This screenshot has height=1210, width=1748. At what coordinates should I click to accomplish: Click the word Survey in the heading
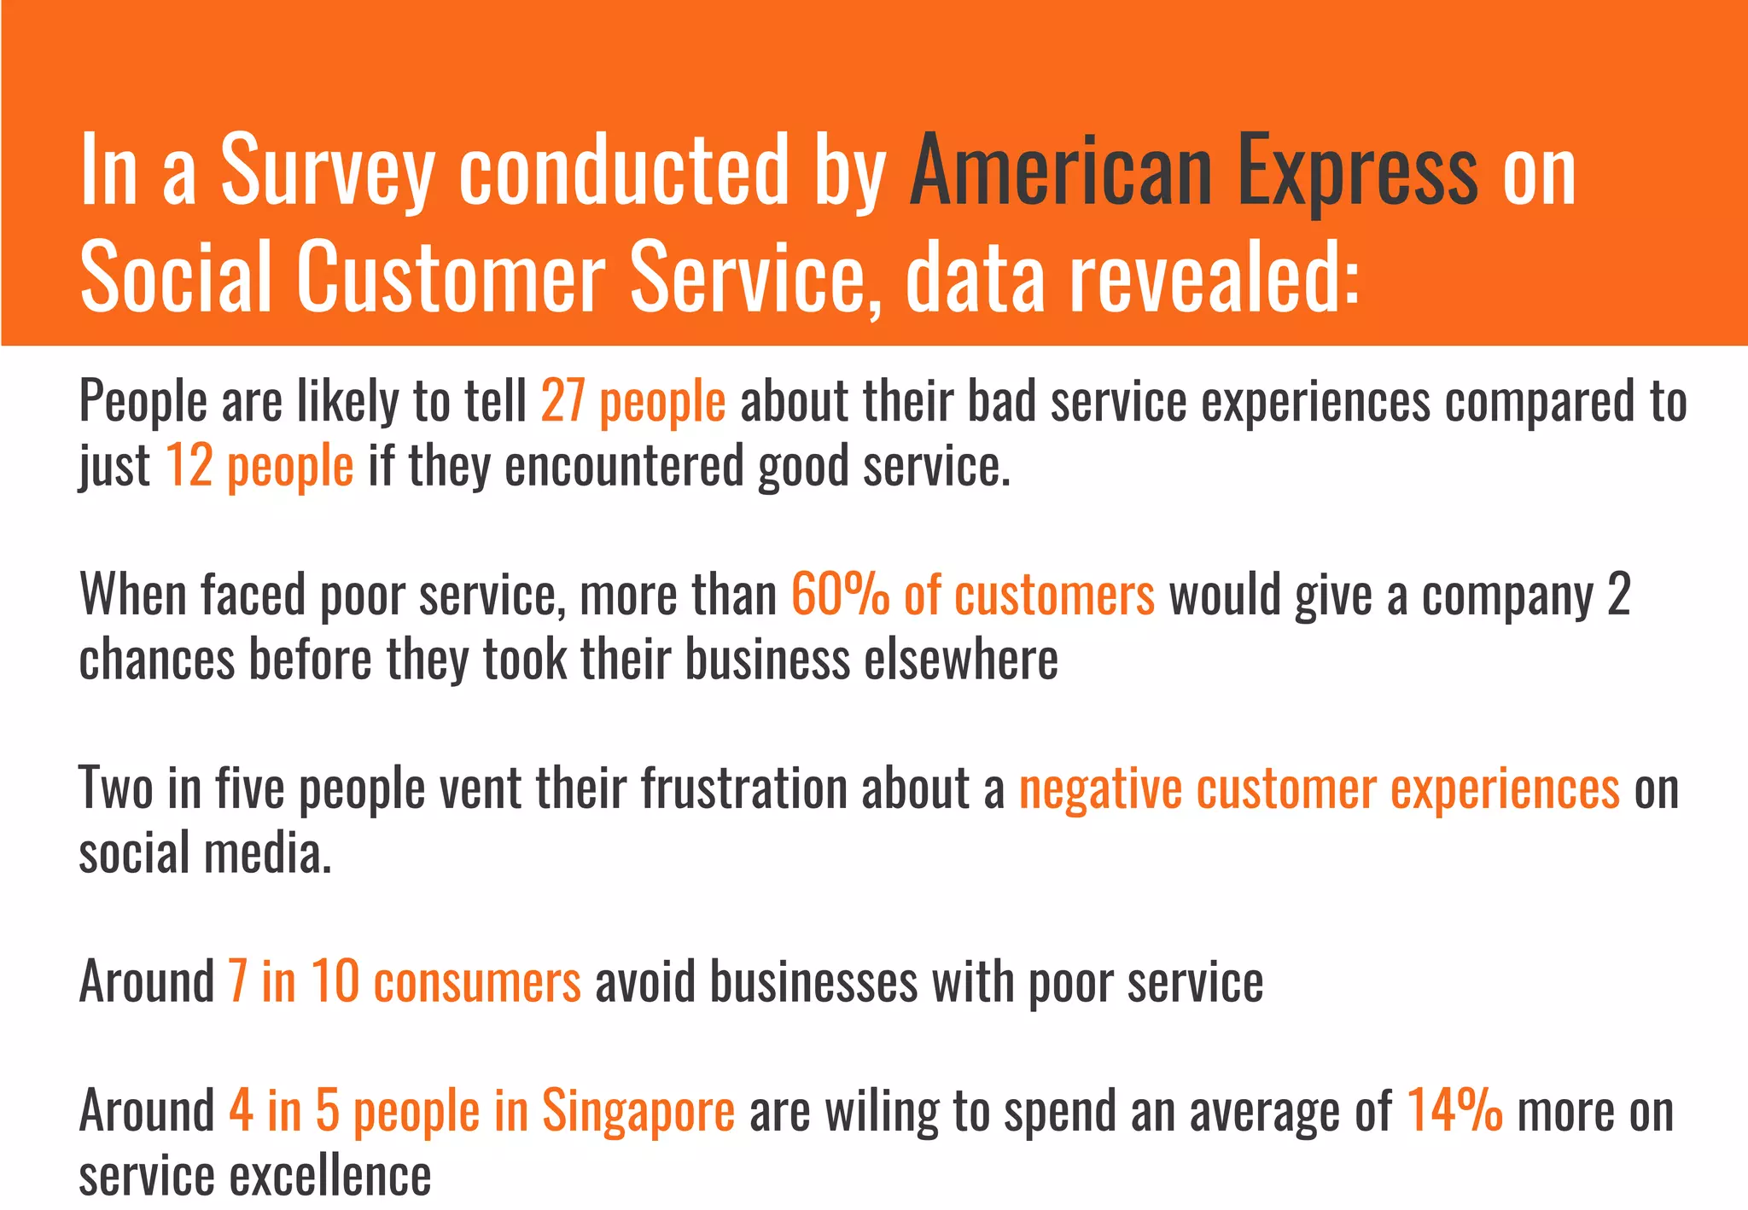[328, 171]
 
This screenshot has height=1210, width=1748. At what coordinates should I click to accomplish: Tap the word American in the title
[1062, 171]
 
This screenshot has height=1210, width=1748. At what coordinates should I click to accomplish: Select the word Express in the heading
[1357, 171]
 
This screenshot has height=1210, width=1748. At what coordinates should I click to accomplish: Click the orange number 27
[562, 401]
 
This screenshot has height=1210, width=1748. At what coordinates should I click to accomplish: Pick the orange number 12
[189, 466]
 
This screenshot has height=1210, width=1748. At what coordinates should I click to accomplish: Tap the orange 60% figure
[840, 595]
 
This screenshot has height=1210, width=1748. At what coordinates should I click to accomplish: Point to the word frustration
[743, 788]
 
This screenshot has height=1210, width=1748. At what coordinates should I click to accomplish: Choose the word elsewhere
[961, 660]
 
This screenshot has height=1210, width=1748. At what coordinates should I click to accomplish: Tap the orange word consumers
[477, 982]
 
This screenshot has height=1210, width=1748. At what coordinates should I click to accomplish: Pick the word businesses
[813, 982]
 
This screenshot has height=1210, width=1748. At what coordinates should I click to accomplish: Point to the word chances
[156, 660]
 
